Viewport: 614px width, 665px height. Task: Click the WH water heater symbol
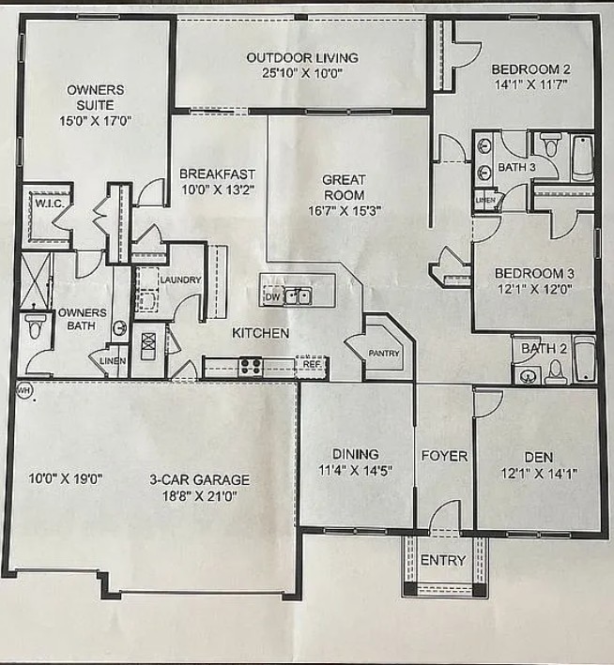[23, 390]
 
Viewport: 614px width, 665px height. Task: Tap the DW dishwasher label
[272, 296]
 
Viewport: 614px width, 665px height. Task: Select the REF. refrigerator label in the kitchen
[312, 364]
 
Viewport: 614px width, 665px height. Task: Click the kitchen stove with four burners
[251, 367]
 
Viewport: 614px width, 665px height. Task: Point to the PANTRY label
[384, 353]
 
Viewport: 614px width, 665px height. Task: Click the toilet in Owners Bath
[35, 325]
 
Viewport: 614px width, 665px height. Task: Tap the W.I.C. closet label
[50, 204]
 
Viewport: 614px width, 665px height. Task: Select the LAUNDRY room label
[180, 280]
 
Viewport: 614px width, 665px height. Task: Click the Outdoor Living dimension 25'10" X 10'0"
[302, 73]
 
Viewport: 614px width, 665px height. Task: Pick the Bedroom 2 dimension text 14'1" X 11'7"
[531, 84]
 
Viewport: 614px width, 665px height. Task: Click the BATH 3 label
[516, 167]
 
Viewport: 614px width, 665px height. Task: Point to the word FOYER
[444, 456]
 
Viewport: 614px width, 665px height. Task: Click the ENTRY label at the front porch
[443, 560]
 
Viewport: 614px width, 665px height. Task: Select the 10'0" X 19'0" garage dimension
[66, 478]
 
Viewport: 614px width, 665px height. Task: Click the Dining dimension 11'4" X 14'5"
[356, 470]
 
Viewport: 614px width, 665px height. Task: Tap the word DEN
[539, 457]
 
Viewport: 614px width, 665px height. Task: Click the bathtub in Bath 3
[583, 158]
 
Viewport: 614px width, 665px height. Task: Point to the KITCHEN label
[261, 333]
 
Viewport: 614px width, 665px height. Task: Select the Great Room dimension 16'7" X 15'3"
[345, 211]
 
